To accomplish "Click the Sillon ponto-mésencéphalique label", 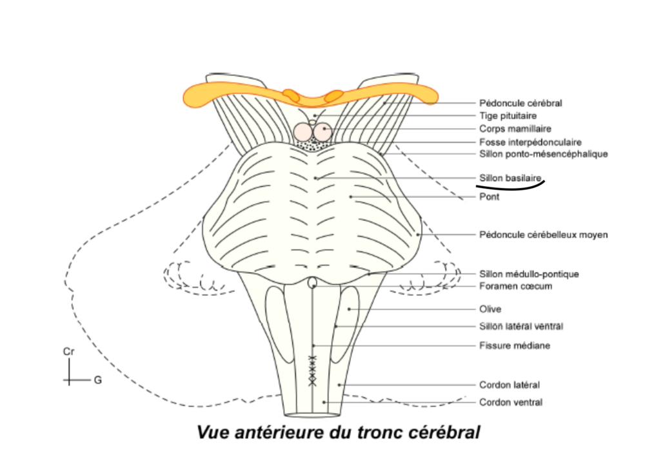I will [x=544, y=154].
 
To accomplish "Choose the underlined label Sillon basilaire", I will [x=510, y=177].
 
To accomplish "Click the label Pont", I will [x=490, y=197].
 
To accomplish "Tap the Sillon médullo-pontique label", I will [x=529, y=274].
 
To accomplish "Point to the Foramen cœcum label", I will [x=515, y=286].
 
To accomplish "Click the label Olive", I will [x=490, y=309].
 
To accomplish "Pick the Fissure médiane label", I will [x=514, y=346].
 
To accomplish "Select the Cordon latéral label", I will [x=509, y=385].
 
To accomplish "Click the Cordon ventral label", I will [x=510, y=403].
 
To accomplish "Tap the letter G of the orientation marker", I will [x=98, y=380].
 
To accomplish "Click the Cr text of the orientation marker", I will [x=68, y=352].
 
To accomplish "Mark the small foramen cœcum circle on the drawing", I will [x=313, y=283].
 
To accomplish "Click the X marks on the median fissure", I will [x=313, y=370].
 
